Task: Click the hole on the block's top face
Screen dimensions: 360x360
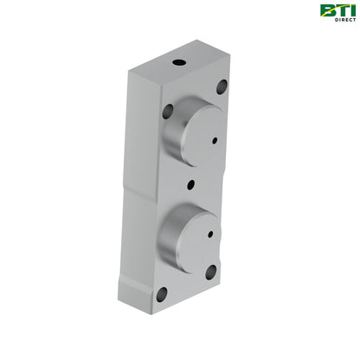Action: [177, 63]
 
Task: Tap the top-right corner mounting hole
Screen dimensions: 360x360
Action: [222, 87]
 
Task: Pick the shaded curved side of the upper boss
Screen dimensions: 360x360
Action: [171, 138]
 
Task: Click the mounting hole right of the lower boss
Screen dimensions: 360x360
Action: [210, 273]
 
